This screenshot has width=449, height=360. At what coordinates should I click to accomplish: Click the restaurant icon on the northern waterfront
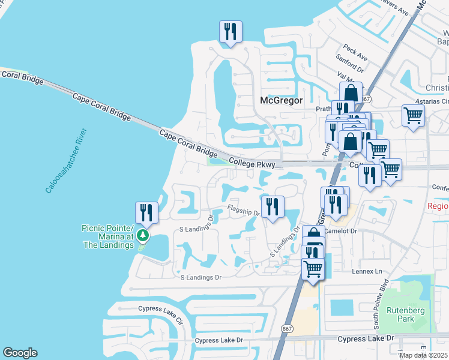(231, 32)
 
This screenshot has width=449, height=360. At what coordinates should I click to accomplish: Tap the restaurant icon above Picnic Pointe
(146, 213)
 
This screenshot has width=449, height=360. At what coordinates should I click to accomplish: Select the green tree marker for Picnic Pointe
(142, 235)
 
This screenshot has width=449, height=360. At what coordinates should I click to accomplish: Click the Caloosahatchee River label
(65, 160)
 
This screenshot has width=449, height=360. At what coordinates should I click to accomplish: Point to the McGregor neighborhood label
(280, 100)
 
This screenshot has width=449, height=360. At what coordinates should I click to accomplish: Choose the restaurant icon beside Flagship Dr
(273, 207)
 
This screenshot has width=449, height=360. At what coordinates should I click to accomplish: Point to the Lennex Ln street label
(370, 271)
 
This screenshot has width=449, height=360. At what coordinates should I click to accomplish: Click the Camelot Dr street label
(341, 230)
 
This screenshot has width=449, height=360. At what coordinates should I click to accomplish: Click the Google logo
(20, 353)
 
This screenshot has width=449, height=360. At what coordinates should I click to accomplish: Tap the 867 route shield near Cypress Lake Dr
(287, 329)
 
